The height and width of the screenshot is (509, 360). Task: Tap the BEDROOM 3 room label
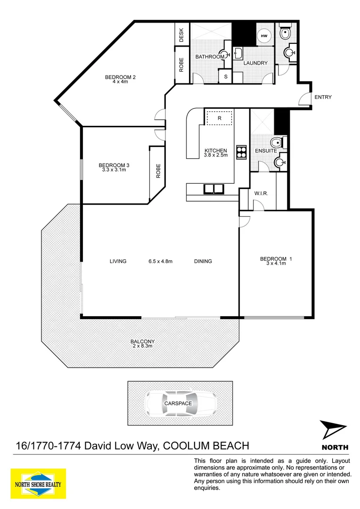[114, 165]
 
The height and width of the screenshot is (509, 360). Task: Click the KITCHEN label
[215, 151]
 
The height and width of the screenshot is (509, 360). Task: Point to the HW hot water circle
[264, 36]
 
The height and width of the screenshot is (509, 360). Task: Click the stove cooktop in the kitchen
[242, 152]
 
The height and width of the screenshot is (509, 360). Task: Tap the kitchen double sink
[215, 189]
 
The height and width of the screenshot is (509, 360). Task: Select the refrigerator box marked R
[220, 118]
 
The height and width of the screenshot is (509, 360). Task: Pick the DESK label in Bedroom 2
[181, 34]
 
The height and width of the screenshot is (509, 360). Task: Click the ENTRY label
[323, 98]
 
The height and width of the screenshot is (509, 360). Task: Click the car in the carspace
[180, 403]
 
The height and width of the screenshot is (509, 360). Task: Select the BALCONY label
[142, 342]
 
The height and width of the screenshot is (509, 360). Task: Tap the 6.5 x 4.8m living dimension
[160, 261]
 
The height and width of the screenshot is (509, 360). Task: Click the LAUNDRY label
[256, 63]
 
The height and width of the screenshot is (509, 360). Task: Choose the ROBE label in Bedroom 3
[158, 171]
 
